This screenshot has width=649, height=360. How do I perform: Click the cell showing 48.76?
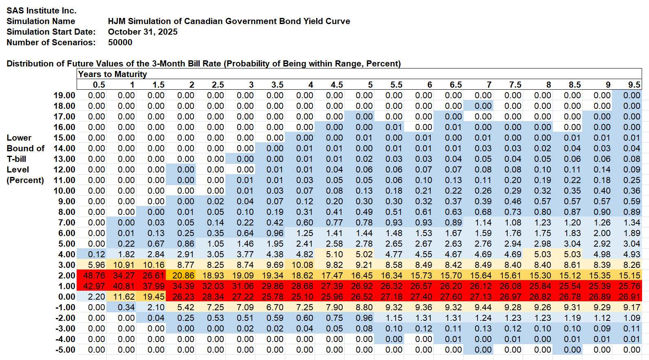click(x=94, y=276)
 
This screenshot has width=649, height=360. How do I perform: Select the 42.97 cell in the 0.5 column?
click(x=94, y=286)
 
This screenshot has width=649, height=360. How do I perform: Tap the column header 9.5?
click(x=634, y=85)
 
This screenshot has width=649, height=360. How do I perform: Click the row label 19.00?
click(x=64, y=95)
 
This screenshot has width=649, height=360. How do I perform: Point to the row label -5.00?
click(x=65, y=350)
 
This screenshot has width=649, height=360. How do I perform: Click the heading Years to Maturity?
click(x=112, y=74)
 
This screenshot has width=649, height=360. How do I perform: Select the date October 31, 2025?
click(x=143, y=32)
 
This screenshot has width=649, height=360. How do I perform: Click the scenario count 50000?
click(x=120, y=42)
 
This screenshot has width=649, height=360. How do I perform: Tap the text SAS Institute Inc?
click(x=42, y=11)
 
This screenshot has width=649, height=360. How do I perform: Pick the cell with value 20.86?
click(x=183, y=276)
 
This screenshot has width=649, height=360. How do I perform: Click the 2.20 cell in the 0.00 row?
click(x=97, y=297)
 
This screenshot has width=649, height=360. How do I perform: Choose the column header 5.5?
click(x=396, y=85)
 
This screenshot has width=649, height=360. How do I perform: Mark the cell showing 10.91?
click(x=124, y=265)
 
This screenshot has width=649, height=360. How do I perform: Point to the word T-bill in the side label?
click(x=16, y=159)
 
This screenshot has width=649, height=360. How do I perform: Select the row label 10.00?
click(x=64, y=191)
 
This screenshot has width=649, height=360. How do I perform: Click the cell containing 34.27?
click(x=124, y=276)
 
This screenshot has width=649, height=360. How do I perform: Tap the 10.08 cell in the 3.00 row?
click(x=302, y=265)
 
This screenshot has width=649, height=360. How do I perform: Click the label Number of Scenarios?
click(x=51, y=42)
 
